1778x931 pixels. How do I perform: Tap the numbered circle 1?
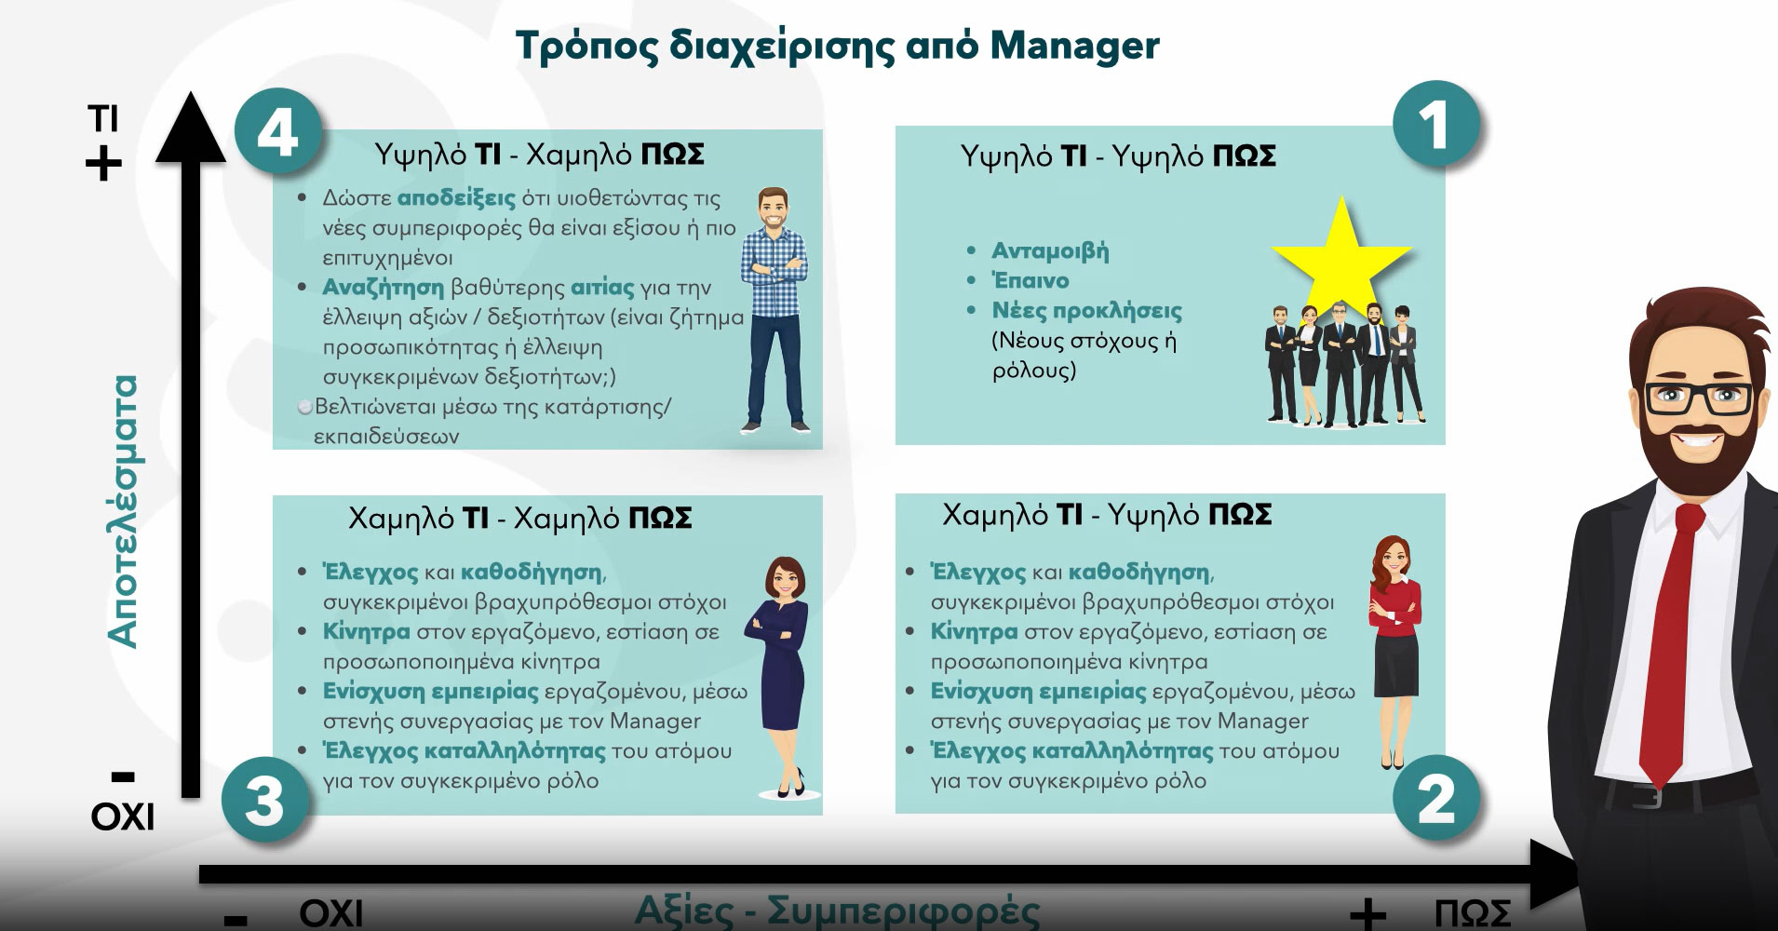coord(1435,125)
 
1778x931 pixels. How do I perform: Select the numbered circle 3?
coord(264,801)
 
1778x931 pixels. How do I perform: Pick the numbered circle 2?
coord(1435,799)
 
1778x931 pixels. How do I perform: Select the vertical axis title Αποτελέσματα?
coord(122,511)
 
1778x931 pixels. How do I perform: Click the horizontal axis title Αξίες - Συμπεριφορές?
coord(837,911)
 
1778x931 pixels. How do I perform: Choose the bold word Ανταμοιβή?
coord(1050,250)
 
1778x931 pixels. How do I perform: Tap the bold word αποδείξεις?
coord(456,198)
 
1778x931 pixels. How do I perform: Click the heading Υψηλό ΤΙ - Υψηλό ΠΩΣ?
coord(1118,156)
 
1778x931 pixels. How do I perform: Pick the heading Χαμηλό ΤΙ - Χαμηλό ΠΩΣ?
coord(520,518)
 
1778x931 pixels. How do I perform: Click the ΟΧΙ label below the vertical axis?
coord(123,817)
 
